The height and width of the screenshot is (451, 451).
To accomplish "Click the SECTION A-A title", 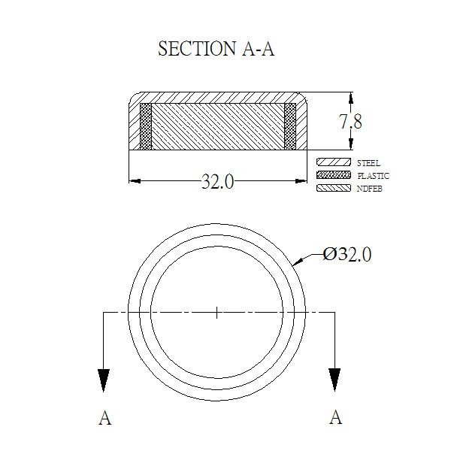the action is (216, 48).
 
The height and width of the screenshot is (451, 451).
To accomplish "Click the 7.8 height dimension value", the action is (351, 121).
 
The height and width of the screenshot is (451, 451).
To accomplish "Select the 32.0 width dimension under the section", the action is (218, 182).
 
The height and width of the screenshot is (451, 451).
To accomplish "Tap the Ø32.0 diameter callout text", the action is (347, 255).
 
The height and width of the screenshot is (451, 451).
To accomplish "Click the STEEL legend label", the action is (368, 163).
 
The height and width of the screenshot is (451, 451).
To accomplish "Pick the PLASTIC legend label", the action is (373, 176).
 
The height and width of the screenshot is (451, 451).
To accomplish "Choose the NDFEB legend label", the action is (370, 189).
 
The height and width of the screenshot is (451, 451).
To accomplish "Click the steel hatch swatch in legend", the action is (334, 162).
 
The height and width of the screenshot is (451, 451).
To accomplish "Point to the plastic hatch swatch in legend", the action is (334, 175).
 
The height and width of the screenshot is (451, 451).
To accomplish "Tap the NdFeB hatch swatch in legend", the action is (334, 188).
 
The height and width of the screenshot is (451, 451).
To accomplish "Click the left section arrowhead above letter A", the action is (104, 380).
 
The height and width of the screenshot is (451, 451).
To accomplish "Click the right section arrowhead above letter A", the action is (334, 380).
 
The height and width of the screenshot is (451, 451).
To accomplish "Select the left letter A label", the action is (104, 418).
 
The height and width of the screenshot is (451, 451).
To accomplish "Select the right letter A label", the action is (336, 418).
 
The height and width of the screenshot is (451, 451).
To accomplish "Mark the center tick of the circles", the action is (216, 313).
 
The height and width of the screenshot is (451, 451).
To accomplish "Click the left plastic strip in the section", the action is (146, 126).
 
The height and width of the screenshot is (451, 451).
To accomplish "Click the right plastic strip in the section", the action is (290, 126).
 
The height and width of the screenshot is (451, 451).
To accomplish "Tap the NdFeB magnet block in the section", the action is (218, 126).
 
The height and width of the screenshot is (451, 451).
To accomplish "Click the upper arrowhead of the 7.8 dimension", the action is (350, 98).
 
